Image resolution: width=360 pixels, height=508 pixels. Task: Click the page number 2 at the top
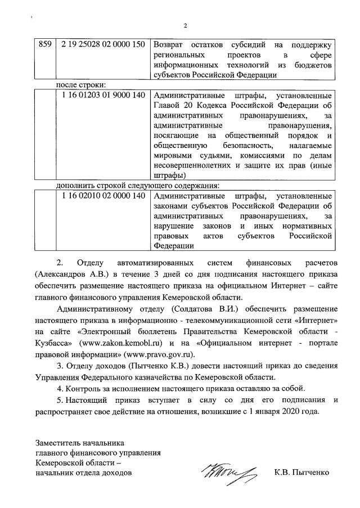click(x=185, y=25)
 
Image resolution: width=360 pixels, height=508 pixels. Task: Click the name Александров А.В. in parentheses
click(x=73, y=274)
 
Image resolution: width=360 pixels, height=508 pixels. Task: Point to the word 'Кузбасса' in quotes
click(x=54, y=342)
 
